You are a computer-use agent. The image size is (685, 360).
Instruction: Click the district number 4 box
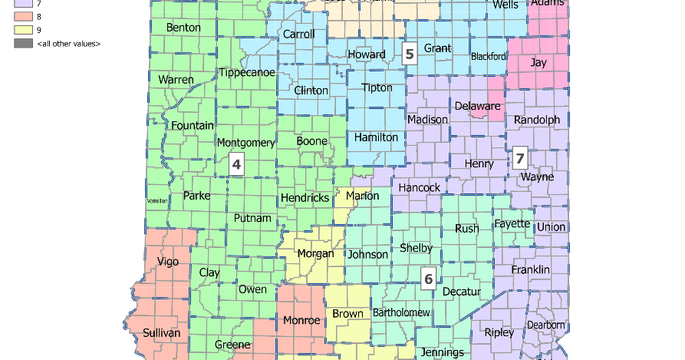pyautogui.click(x=236, y=164)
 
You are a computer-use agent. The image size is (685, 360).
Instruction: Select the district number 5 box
pyautogui.click(x=410, y=54)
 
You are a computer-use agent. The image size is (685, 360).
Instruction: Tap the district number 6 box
pyautogui.click(x=429, y=279)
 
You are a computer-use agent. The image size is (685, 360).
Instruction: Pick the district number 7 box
pyautogui.click(x=520, y=159)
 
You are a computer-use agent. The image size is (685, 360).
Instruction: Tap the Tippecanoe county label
pyautogui.click(x=246, y=72)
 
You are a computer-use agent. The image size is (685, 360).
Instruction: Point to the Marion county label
pyautogui.click(x=362, y=196)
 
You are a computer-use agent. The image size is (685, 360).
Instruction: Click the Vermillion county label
pyautogui.click(x=156, y=201)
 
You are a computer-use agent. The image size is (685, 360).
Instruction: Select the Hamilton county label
pyautogui.click(x=376, y=137)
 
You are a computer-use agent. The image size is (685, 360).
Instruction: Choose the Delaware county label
pyautogui.click(x=477, y=106)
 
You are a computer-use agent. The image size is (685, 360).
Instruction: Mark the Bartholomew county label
pyautogui.click(x=401, y=313)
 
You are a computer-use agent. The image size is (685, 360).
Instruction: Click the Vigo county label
pyautogui.click(x=167, y=261)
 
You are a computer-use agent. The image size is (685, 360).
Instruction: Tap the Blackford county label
pyautogui.click(x=489, y=56)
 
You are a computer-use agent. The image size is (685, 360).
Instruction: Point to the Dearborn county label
pyautogui.click(x=546, y=325)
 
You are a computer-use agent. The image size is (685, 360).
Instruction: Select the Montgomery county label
pyautogui.click(x=245, y=143)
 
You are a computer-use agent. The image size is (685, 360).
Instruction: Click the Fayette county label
pyautogui.click(x=512, y=223)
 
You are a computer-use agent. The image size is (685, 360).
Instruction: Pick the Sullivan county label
pyautogui.click(x=161, y=333)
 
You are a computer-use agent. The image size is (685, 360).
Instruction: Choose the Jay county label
pyautogui.click(x=538, y=63)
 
